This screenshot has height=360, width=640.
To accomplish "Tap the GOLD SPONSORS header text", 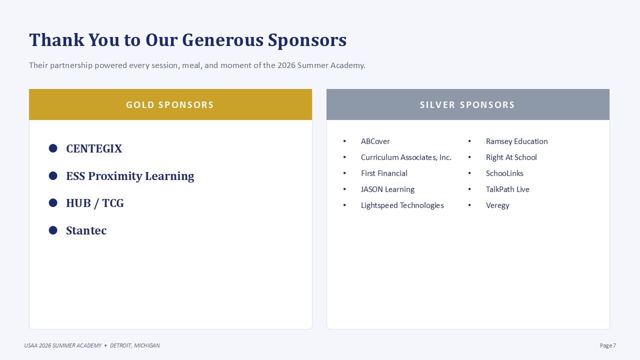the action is tap(170, 105).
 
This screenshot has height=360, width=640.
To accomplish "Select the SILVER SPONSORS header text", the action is tap(467, 105).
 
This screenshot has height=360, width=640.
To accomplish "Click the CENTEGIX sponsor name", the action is tap(94, 148).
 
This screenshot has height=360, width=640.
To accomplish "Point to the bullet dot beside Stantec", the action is tap(53, 230).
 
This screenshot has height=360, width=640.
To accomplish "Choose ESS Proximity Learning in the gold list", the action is tap(130, 176).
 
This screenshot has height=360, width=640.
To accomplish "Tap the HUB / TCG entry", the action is tap(95, 203).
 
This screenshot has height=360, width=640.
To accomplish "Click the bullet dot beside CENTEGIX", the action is tap(53, 148).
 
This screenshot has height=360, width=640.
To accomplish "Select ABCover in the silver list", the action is tap(375, 141).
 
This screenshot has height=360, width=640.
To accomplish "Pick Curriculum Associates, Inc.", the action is tap(406, 157).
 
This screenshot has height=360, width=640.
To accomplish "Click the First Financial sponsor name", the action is tap(384, 173).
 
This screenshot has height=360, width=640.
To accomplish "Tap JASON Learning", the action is tap(387, 189).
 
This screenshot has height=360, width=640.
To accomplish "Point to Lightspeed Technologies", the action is tap(402, 205).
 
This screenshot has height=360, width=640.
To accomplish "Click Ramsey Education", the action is tap(517, 141).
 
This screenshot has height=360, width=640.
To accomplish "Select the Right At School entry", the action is tap(511, 157).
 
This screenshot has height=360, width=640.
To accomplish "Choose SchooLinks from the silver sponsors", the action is tap(504, 173).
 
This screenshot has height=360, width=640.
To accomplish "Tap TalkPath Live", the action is tap(507, 189).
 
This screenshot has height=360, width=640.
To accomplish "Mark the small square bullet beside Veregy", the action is tap(469, 205).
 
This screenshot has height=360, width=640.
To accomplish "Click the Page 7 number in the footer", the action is tap(607, 345).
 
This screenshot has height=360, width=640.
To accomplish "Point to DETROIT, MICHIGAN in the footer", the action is tap(135, 345).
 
